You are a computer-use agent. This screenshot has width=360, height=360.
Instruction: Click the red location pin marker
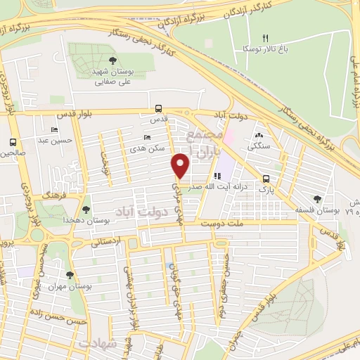[x=181, y=165]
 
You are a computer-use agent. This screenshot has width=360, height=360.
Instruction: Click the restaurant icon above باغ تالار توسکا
[x=265, y=38]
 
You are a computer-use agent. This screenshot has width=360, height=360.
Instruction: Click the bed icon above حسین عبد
[x=54, y=130]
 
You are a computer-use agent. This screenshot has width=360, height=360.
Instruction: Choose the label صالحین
[x=13, y=153]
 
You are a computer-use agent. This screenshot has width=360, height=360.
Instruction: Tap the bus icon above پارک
[x=266, y=179]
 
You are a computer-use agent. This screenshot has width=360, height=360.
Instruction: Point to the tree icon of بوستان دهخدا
[x=86, y=210]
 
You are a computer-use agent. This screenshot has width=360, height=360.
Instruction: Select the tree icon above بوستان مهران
[x=70, y=276]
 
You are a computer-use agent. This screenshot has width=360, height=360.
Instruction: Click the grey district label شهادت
[x=97, y=345]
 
